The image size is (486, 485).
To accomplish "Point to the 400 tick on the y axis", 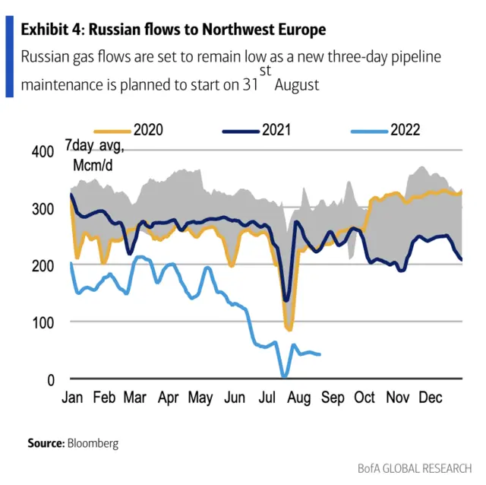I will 44,152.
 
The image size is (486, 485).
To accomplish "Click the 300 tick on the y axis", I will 44,209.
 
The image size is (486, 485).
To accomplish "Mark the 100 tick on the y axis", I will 44,322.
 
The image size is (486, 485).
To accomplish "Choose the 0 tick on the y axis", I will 49,379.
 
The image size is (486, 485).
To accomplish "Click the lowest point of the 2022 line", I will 284,376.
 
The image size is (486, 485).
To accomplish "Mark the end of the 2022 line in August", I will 319,354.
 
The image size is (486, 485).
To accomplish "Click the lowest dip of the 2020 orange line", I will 289,328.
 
